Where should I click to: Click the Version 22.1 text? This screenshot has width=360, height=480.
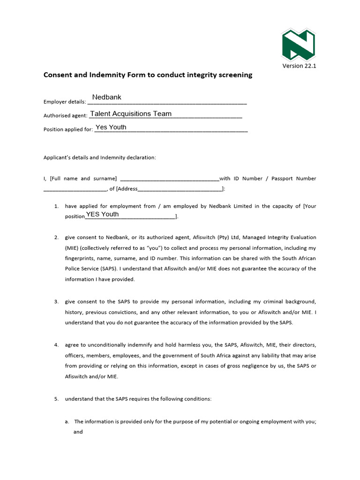click(x=299, y=66)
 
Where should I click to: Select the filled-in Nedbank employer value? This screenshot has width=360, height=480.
click(x=107, y=97)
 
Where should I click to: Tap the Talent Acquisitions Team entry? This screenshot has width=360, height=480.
click(x=131, y=114)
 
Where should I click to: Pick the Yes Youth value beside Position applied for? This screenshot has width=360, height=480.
click(x=111, y=127)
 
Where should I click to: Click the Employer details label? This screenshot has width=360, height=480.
click(x=65, y=102)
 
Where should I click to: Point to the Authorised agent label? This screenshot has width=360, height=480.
click(x=65, y=115)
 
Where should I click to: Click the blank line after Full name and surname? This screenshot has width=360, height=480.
click(x=170, y=179)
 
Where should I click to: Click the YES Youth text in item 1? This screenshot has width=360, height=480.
click(x=102, y=214)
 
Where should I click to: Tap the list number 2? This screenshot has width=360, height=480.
click(x=56, y=237)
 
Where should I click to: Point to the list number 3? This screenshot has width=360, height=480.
click(x=56, y=301)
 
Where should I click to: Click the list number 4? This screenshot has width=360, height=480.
click(x=56, y=345)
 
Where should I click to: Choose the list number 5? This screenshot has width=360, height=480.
click(x=56, y=399)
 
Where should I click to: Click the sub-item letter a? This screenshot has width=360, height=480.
click(x=67, y=421)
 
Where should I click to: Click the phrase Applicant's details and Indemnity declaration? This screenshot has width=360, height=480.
click(x=99, y=157)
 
